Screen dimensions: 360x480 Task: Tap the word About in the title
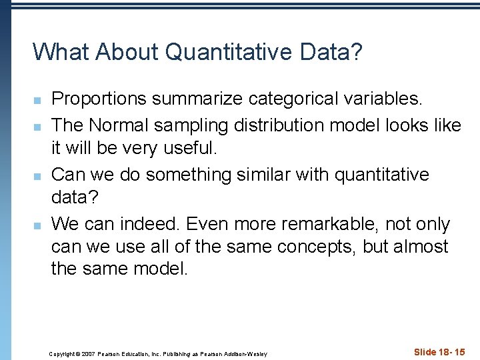(x=133, y=51)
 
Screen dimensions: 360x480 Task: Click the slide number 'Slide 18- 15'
(x=439, y=352)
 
